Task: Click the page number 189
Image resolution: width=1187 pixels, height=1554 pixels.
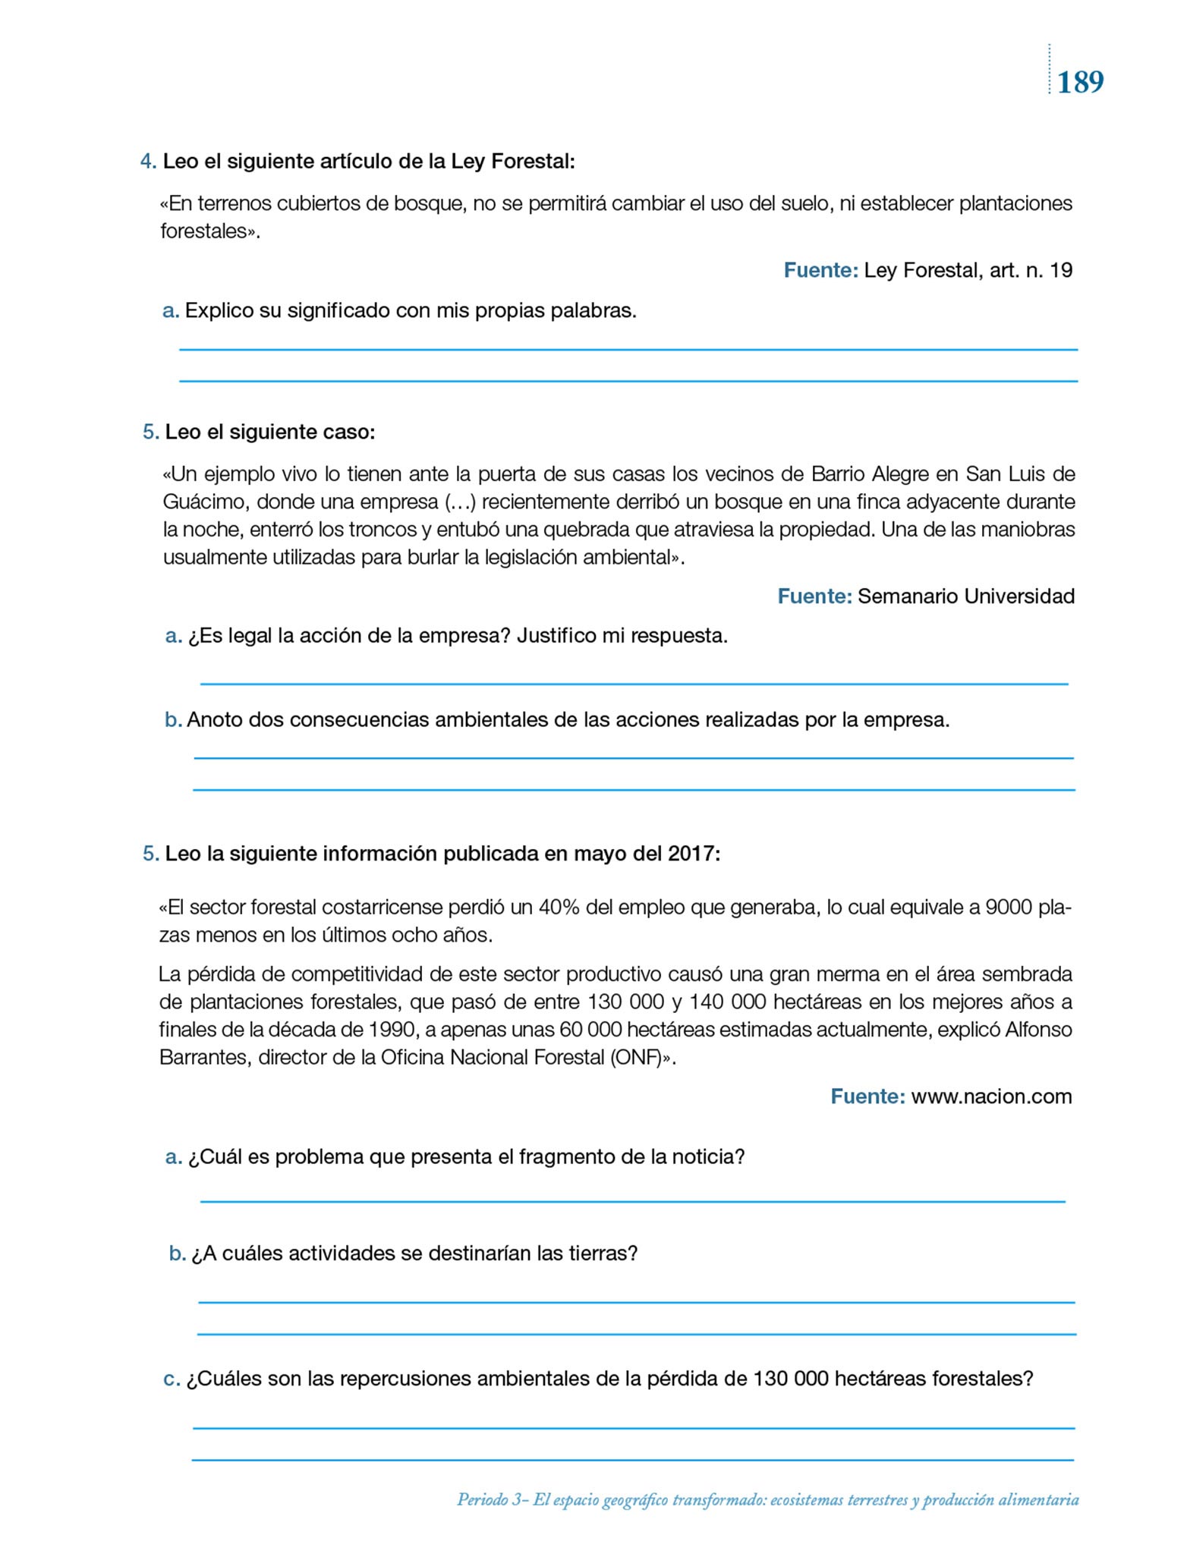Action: click(x=1080, y=82)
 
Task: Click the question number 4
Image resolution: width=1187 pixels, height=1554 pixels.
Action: click(x=148, y=162)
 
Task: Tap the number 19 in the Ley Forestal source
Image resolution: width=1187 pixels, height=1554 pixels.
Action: click(x=1061, y=271)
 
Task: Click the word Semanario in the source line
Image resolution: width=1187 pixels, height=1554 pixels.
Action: click(x=908, y=596)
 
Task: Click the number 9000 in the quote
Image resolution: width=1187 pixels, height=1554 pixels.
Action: click(x=1009, y=908)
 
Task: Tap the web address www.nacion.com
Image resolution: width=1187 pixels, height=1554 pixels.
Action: click(x=991, y=1097)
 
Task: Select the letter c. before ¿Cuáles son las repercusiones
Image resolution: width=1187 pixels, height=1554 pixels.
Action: click(x=172, y=1379)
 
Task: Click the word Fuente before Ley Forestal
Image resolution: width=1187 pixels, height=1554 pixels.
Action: click(x=820, y=271)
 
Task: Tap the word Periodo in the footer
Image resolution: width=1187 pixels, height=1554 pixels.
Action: click(x=483, y=1499)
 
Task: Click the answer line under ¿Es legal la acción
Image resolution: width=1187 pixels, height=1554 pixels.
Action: click(x=634, y=683)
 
